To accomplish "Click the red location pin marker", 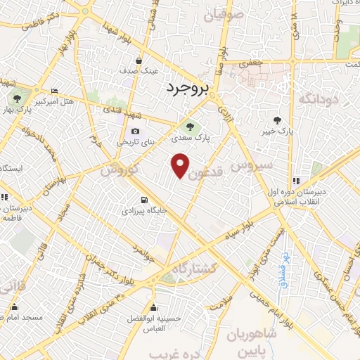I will [181, 165].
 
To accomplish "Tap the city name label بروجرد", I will [189, 89].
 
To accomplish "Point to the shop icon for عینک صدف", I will [139, 60].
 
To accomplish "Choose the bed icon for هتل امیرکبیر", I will [55, 91].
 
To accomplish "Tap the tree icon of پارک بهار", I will [16, 99].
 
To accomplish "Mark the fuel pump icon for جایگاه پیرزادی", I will [144, 200].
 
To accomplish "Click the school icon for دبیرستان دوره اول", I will [296, 181].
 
